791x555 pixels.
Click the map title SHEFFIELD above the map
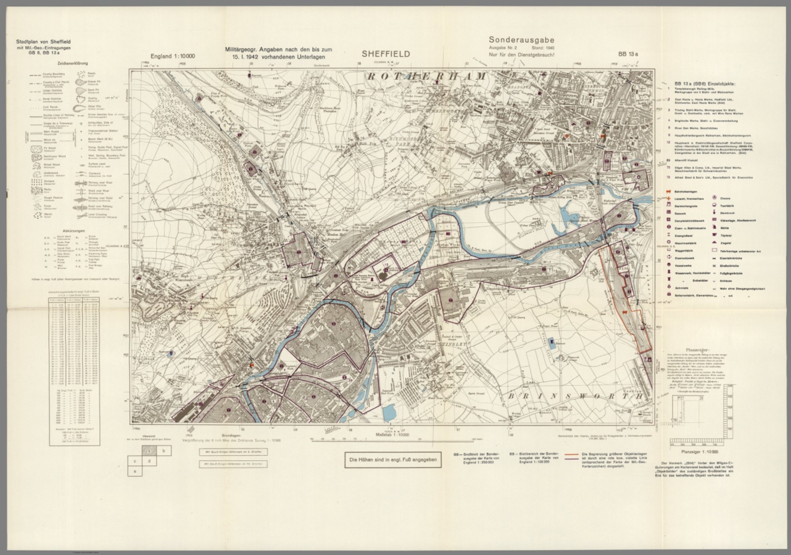click(x=386, y=54)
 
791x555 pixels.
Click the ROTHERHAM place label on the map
click(x=426, y=76)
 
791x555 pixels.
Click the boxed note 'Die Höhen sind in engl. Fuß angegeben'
click(x=392, y=460)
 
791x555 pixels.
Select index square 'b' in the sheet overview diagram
click(x=164, y=450)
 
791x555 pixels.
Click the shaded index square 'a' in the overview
click(x=149, y=450)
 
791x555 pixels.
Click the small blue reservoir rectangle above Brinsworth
click(x=552, y=342)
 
